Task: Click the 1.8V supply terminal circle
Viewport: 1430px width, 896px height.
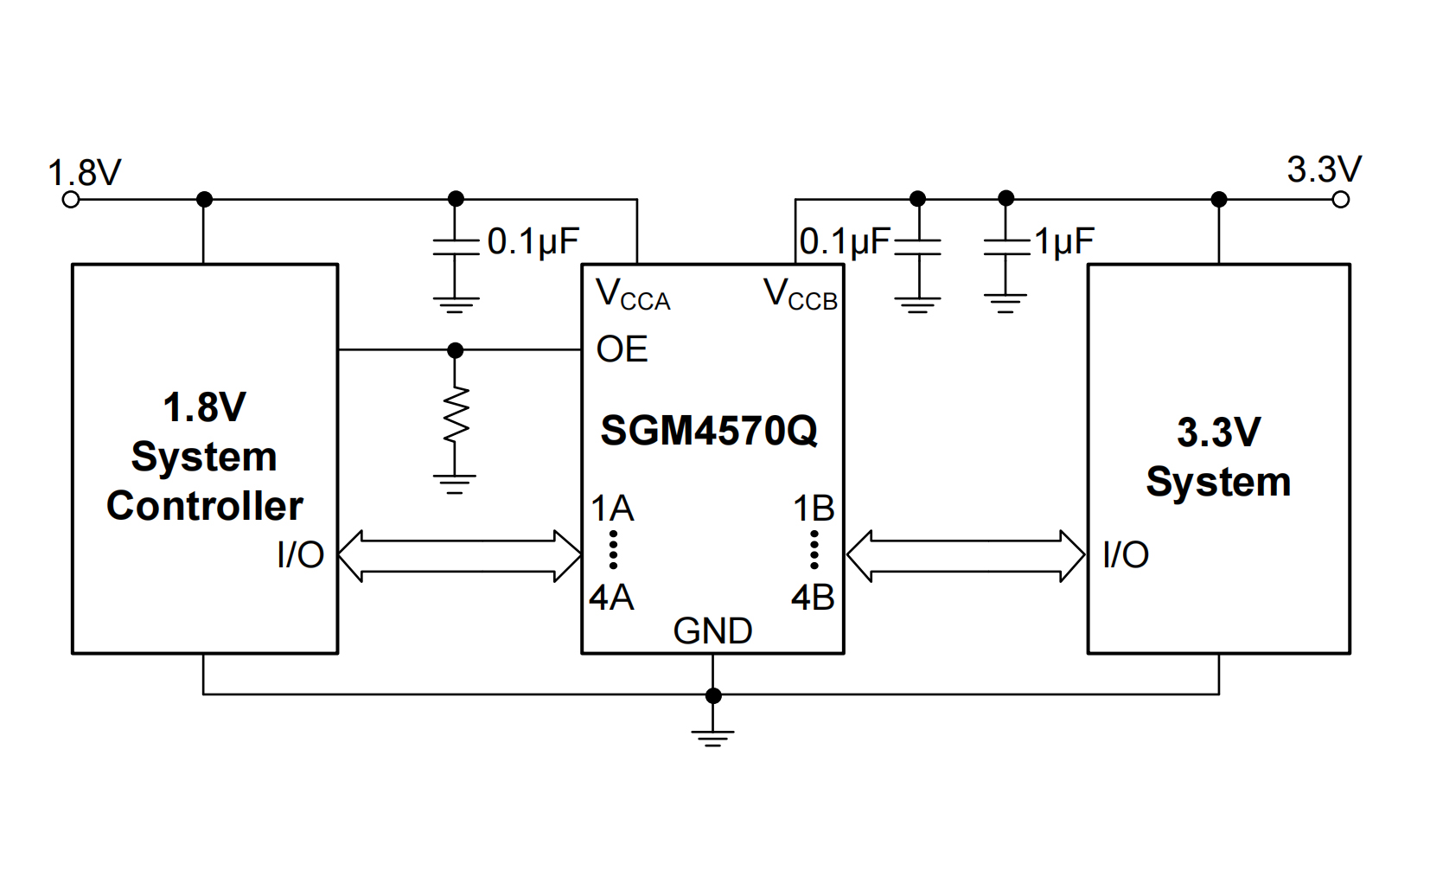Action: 72,200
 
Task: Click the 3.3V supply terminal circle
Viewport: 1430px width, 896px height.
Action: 1340,200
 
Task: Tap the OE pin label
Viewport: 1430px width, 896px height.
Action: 622,350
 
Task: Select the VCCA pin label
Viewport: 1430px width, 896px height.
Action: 633,296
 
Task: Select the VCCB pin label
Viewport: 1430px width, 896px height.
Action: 800,296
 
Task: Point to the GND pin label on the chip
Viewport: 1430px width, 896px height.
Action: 712,631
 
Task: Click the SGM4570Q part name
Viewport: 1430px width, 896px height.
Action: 709,431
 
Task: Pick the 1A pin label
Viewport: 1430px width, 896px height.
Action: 612,509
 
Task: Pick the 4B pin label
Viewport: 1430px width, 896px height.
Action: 813,598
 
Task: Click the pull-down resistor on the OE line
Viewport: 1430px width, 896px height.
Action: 456,417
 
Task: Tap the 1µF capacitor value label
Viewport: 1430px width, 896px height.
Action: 1064,242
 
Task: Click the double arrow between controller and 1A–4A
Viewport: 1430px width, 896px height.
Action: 459,555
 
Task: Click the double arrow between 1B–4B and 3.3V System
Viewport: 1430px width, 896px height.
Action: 965,555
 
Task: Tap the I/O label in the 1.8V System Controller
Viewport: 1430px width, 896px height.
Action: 301,555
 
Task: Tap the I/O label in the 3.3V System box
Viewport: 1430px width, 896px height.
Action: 1126,555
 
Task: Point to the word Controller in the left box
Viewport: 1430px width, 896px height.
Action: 205,507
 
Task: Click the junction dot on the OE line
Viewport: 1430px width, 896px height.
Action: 456,350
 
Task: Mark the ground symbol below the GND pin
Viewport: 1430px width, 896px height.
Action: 712,736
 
